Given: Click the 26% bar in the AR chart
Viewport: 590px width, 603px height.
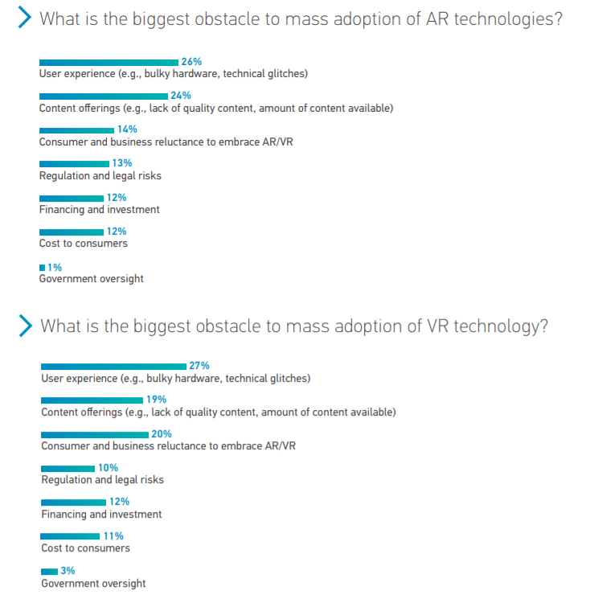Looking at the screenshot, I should click(109, 62).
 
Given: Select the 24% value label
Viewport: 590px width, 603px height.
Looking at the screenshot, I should click(180, 96).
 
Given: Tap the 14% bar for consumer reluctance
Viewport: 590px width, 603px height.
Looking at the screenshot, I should click(77, 130).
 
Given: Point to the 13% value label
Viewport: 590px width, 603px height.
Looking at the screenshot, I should click(122, 163).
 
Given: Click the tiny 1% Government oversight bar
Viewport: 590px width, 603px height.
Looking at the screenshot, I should click(43, 267).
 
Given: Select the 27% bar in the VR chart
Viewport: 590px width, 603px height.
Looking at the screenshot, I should click(113, 366).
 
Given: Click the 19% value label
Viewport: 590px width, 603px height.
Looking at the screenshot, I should click(156, 400).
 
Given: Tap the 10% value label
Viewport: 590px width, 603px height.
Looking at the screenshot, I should click(109, 468).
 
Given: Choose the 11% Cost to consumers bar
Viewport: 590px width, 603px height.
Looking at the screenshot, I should click(70, 536).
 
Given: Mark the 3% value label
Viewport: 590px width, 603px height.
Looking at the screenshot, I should click(68, 571).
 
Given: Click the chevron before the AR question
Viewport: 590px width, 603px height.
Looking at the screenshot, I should click(25, 18).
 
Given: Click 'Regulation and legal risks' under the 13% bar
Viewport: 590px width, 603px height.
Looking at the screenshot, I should click(100, 175).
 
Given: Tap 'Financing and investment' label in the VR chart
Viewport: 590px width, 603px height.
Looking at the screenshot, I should click(101, 515).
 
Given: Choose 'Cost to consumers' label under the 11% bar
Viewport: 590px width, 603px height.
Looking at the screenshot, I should click(85, 548).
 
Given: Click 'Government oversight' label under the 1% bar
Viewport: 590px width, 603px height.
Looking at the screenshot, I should click(91, 279).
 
